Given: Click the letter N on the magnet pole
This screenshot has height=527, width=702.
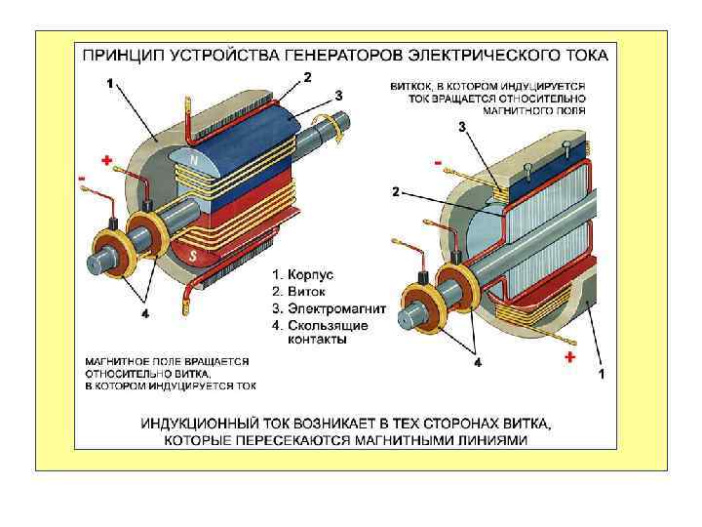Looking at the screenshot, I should tap(193, 160).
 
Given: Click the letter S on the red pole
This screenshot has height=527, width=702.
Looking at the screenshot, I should tap(195, 257).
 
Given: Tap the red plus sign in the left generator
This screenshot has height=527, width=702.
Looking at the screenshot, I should tap(106, 159).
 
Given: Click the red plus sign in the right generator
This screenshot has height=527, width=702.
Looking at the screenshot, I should tap(569, 357).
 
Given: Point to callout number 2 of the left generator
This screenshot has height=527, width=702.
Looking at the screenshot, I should tap(308, 76).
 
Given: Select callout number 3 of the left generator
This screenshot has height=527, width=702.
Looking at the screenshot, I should tap(338, 95).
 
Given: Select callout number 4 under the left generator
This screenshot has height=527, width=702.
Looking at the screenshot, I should tap(144, 314).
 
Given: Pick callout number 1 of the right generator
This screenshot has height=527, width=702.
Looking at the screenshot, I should tap(601, 373).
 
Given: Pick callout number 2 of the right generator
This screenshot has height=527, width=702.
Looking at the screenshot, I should tap(395, 192).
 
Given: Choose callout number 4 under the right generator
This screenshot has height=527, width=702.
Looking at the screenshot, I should tap(477, 362).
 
